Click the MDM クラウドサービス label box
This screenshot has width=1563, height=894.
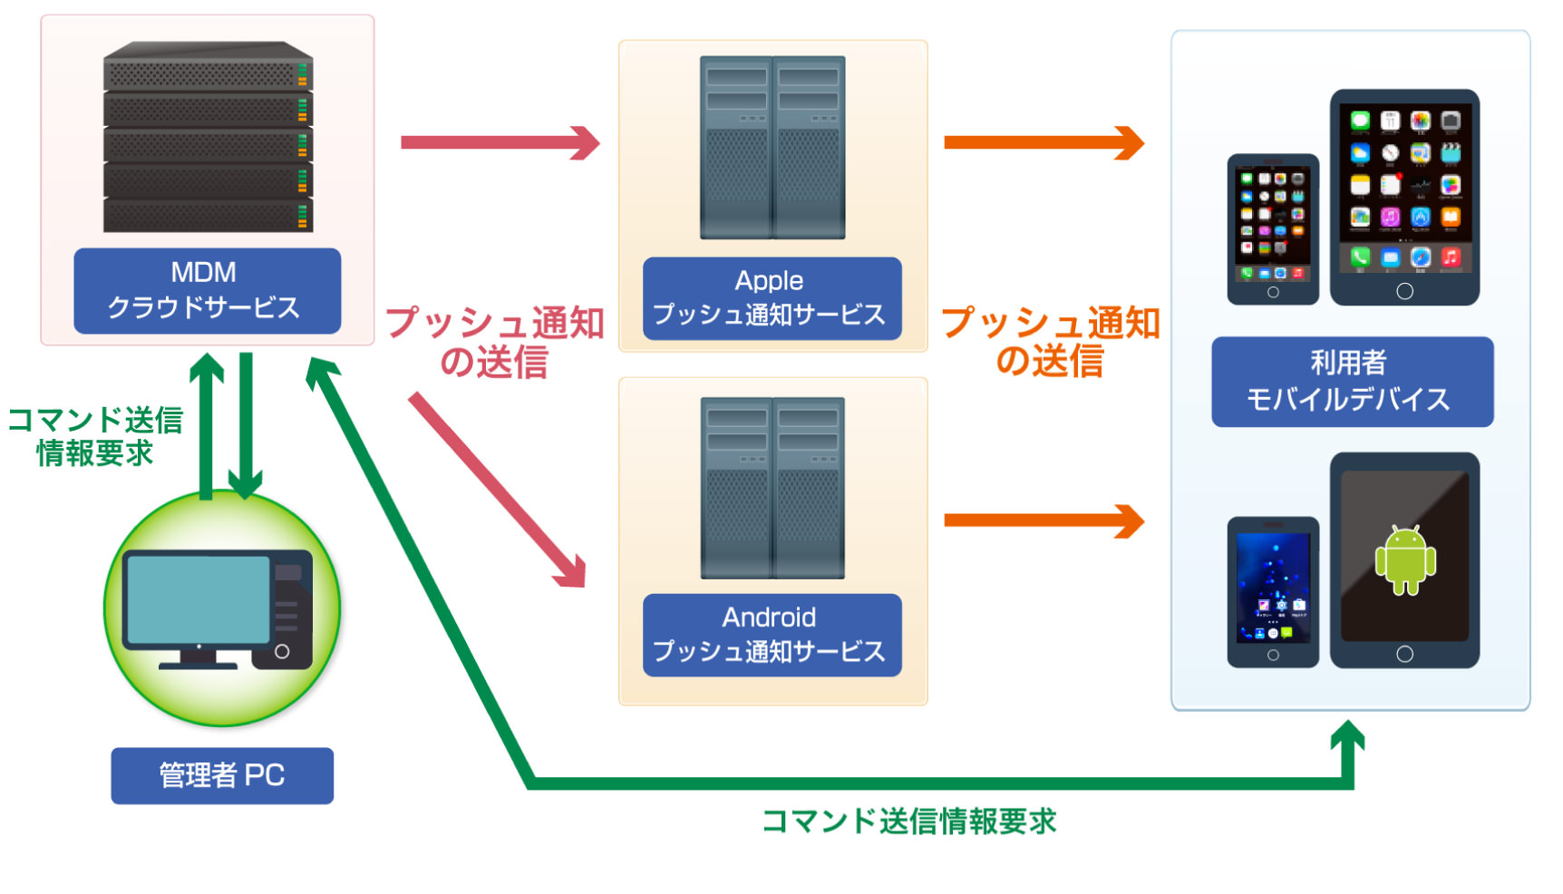point(208,291)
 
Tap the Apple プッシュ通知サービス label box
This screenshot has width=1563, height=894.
point(772,299)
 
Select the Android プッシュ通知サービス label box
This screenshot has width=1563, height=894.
point(772,635)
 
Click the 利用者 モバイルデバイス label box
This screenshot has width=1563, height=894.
point(1352,382)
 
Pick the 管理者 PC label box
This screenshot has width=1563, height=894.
point(222,775)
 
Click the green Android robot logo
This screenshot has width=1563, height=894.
point(1405,560)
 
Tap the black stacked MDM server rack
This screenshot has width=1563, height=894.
point(209,137)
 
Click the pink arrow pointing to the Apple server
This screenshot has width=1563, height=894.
point(500,142)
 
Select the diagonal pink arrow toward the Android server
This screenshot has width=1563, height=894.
point(497,490)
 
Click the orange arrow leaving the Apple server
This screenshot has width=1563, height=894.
point(1044,142)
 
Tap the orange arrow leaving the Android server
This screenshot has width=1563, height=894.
point(1044,520)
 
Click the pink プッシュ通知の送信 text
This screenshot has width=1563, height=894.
point(495,342)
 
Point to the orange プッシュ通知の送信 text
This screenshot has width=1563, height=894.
point(1051,342)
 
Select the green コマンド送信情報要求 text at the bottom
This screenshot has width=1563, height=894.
point(909,821)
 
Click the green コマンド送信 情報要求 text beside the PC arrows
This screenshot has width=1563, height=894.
point(95,436)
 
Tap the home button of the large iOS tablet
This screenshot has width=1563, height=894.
point(1404,291)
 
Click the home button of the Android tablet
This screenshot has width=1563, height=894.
point(1404,654)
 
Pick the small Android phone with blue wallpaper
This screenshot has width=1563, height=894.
point(1273,592)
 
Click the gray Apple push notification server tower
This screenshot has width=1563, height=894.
point(772,148)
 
